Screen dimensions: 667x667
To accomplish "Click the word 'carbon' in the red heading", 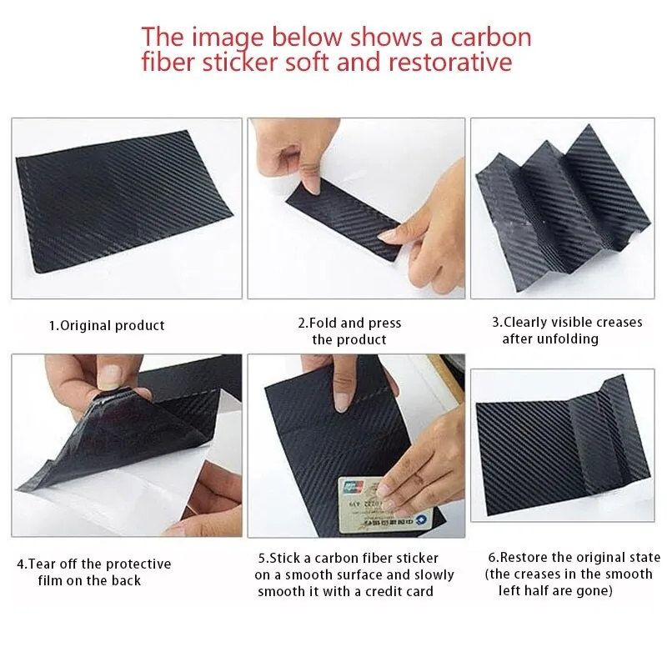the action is point(491,37).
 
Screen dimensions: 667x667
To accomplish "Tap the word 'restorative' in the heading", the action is point(450,62).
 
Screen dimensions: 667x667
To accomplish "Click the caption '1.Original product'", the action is point(107,326).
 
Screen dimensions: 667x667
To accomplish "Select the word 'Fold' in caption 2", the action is point(323,323).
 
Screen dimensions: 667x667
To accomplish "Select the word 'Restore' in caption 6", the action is point(524,557).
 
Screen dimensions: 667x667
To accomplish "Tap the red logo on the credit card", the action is point(352,486).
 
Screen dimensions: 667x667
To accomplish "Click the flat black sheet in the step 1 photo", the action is point(123,200).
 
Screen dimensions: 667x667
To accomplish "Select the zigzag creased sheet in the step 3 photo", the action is point(562,208).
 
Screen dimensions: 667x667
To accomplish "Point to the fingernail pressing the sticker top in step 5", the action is point(341,402).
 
